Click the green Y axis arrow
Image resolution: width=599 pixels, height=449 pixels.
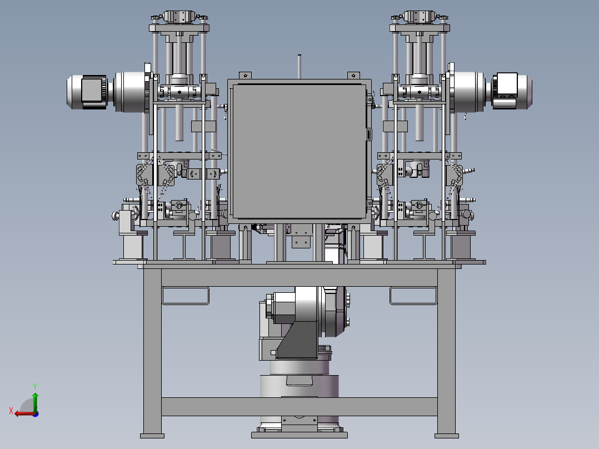35,402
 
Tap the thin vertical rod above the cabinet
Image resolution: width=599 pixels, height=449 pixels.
299,67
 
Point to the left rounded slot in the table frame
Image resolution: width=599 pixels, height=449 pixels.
186,296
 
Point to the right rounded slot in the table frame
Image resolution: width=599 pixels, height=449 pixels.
413,296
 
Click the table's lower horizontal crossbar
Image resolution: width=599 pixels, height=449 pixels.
299,407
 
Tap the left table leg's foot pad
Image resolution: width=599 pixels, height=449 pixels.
152,436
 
